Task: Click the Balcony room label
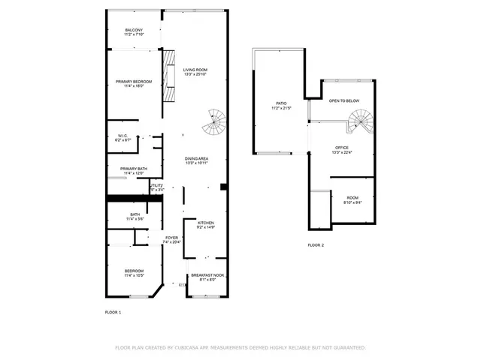[x=135, y=30]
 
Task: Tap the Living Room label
[x=195, y=70]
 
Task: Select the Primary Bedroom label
[x=134, y=81]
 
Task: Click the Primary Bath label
[x=134, y=169]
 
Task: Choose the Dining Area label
[x=196, y=159]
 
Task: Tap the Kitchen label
[x=206, y=223]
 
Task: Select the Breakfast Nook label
[x=207, y=275]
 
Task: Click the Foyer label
[x=172, y=238]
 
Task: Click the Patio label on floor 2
[x=281, y=103]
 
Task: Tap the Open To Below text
[x=343, y=100]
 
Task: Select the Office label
[x=342, y=147]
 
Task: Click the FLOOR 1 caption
[x=113, y=310]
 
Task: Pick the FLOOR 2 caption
[x=316, y=245]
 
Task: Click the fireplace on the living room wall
[x=170, y=76]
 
